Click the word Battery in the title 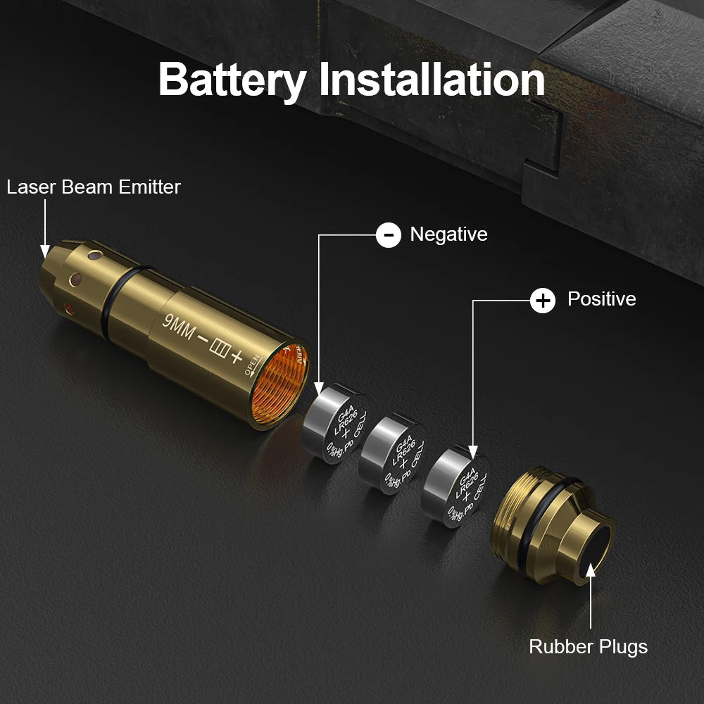click(232, 80)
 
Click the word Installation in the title click(432, 80)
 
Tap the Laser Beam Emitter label click(94, 187)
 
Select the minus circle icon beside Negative click(389, 234)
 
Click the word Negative click(448, 234)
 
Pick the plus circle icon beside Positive click(542, 301)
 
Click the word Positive click(601, 299)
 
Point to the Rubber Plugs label click(588, 646)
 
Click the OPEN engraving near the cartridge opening click(254, 365)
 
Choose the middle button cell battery click(391, 455)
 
